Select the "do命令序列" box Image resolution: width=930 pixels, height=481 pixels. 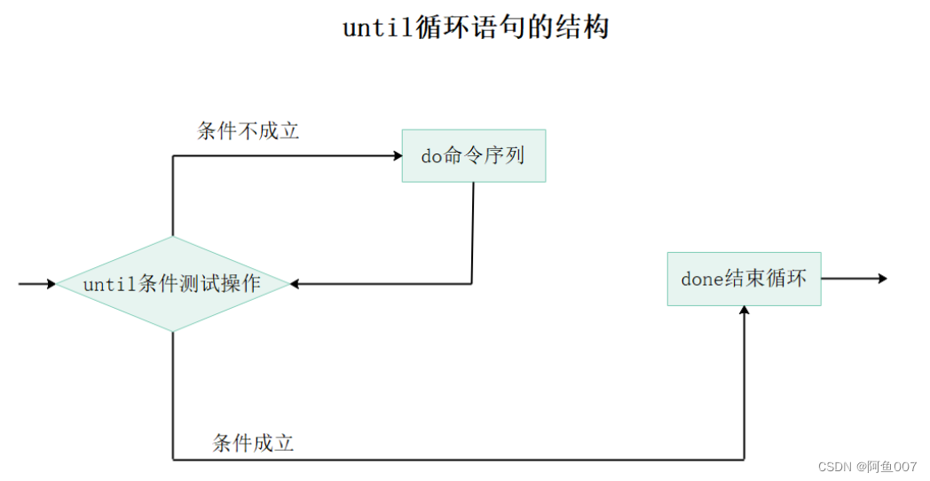[473, 156]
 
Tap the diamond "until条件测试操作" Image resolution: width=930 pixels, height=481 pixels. [172, 284]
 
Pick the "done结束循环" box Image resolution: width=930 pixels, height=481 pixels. [744, 279]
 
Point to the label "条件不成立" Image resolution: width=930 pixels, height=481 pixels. [248, 131]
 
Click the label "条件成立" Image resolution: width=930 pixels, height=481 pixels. [253, 443]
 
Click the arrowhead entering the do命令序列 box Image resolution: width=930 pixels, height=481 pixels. [398, 156]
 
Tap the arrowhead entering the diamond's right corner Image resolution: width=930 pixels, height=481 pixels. [295, 284]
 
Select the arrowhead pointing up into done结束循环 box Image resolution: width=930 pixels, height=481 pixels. [744, 311]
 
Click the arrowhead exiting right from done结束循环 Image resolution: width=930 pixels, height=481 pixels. [882, 279]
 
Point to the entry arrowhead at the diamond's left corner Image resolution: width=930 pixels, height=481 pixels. [51, 284]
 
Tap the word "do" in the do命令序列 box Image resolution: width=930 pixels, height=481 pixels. [431, 156]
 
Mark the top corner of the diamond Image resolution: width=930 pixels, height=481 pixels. [172, 237]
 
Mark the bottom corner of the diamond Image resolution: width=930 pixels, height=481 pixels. [172, 331]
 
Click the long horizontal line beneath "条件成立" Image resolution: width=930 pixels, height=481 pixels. [461, 460]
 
